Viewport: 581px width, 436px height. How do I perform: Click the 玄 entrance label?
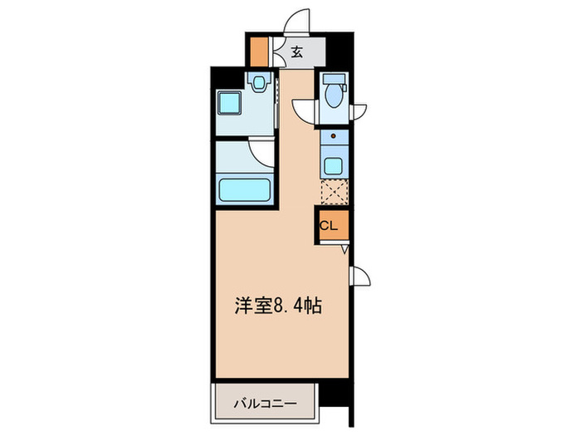tap(296, 53)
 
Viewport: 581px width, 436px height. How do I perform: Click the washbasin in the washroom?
tap(260, 82)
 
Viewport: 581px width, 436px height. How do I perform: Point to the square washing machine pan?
tap(229, 105)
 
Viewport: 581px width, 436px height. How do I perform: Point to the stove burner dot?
tap(334, 135)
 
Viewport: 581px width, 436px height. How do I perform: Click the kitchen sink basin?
tap(334, 164)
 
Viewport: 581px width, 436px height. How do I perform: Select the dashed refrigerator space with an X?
tap(334, 193)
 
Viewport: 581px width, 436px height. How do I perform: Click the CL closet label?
tap(330, 225)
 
